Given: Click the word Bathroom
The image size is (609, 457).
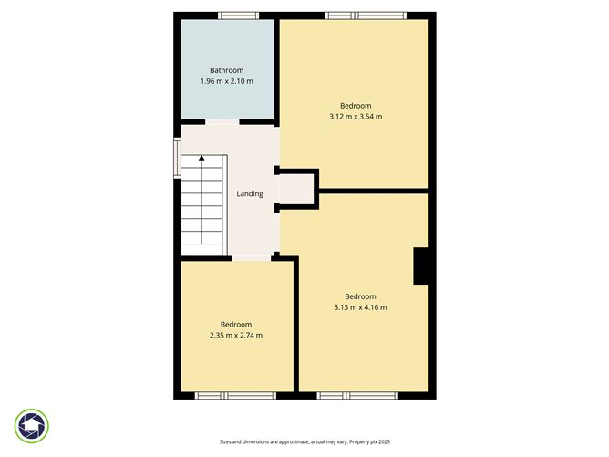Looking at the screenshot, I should (226, 70).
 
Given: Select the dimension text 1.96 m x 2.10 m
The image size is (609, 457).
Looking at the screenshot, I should (226, 82).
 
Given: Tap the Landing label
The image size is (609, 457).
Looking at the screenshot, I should (250, 193).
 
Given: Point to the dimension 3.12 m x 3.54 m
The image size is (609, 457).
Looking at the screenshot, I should (355, 117).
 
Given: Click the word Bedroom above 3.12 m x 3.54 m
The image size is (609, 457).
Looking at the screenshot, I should (356, 105).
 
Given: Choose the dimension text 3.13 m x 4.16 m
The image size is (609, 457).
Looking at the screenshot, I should (360, 307).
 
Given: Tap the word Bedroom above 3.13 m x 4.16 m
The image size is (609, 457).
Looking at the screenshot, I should (360, 296).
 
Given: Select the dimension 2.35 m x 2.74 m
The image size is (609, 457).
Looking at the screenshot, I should (236, 336).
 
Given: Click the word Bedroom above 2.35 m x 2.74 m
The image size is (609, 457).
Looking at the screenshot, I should (236, 324).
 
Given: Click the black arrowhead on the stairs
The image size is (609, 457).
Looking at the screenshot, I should (201, 161).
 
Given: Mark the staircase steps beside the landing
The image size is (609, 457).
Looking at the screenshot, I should (202, 205).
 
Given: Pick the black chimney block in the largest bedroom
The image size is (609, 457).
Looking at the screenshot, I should (421, 265).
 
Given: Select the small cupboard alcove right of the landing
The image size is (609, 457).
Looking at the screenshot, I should (297, 191).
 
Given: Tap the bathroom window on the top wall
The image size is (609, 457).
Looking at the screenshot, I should (238, 16).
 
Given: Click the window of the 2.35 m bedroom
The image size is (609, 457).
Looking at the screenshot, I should (235, 395).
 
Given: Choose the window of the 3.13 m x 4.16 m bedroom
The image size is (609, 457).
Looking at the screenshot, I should (357, 395).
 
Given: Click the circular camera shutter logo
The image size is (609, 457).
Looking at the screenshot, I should (32, 426).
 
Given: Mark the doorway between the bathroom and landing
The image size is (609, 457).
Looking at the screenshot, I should (222, 122).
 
